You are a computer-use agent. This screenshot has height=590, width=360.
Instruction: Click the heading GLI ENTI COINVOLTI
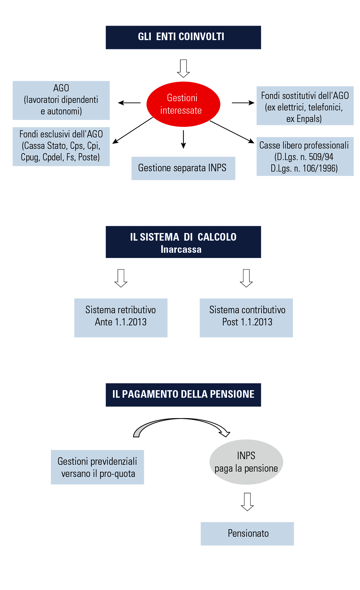pos(181,36)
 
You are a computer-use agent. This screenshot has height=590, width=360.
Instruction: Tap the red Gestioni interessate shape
pos(182,104)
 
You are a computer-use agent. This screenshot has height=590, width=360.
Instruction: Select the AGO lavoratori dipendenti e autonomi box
pos(61,100)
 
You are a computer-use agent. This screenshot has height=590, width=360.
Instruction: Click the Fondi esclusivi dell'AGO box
pos(61,146)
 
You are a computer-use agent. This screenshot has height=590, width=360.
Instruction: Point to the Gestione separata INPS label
pos(182,168)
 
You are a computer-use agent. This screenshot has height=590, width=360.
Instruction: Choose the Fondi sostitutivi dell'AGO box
pos(305,107)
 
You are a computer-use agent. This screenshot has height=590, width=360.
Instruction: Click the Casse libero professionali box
pos(304,157)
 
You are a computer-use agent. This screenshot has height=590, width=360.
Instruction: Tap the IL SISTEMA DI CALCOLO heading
pos(183,237)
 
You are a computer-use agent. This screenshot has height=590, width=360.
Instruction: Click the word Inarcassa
pos(181,249)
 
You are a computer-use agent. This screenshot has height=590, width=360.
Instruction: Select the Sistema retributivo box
pos(121,316)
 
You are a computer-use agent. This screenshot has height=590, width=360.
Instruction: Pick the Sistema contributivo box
pos(247,316)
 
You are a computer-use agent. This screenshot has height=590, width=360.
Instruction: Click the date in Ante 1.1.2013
pos(131,322)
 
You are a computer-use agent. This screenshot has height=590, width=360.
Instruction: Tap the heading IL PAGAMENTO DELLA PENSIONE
pos(183,394)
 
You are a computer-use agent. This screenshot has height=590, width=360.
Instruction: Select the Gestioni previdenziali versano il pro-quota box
pos(98,467)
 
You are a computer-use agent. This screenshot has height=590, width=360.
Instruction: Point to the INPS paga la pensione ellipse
pos(246,462)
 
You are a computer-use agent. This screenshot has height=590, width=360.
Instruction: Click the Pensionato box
pos(248,533)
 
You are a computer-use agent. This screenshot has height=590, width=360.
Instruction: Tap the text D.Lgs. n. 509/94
pos(304,157)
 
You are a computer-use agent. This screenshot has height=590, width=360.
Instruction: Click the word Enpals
pos(308,119)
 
